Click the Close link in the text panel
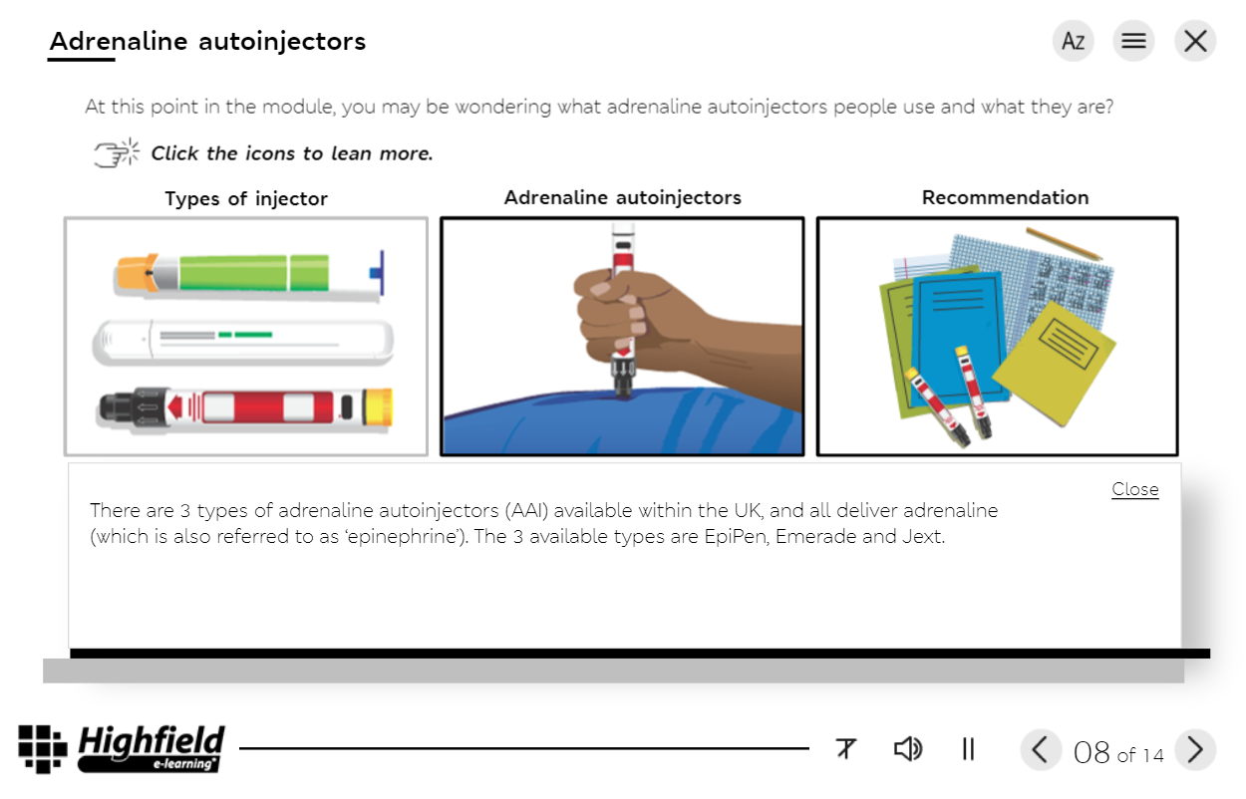pos(1134,489)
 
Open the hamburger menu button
pos(1133,41)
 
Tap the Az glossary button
pos(1073,41)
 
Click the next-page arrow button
pos(1195,749)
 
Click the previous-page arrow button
pos(1040,749)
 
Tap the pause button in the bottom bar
pos(968,749)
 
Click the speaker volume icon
pos(907,749)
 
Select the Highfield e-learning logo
pos(122,749)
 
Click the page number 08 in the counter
pos(1091,752)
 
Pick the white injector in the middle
pos(244,341)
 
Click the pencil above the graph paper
pos(1064,243)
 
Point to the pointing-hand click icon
pos(116,153)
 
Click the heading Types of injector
pos(245,198)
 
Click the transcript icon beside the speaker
pos(846,749)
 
